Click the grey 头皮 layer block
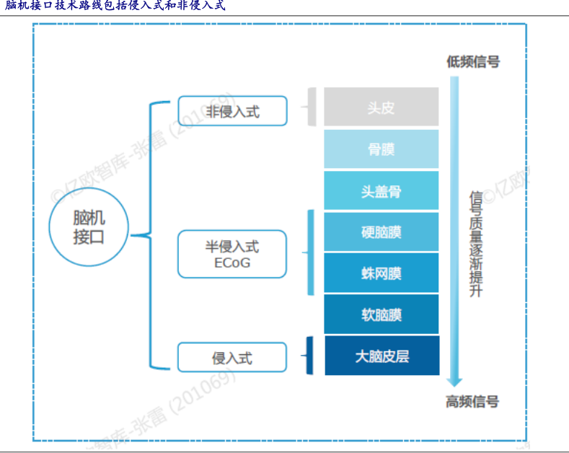381,107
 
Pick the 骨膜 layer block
381,149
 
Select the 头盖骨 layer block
381,190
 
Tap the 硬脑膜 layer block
381,232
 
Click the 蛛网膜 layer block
381,273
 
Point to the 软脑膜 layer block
381,315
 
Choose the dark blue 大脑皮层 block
382,356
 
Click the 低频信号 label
473,62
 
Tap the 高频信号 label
472,402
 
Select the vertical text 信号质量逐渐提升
476,244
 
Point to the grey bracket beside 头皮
312,107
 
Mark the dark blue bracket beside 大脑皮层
309,356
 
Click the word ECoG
232,263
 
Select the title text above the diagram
115,6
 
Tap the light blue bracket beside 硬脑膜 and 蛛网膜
311,252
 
